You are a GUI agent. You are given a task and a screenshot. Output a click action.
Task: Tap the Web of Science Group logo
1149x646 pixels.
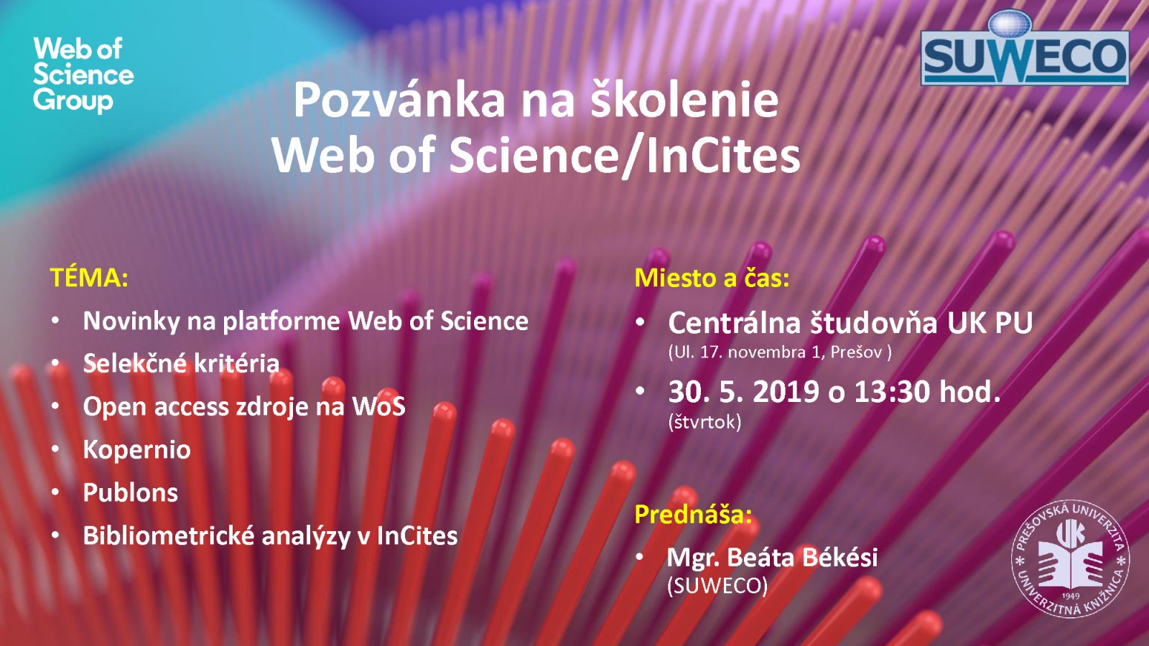pos(83,75)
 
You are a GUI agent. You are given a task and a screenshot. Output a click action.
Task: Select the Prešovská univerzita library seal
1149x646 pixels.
pos(1071,558)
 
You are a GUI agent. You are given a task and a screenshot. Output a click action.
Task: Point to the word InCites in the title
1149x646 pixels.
pos(723,155)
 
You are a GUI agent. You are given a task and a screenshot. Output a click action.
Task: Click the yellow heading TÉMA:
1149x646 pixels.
pos(89,277)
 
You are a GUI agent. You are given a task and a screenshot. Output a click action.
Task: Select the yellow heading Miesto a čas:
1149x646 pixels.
pos(712,277)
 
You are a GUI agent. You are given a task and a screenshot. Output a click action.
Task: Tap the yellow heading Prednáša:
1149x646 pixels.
pos(694,514)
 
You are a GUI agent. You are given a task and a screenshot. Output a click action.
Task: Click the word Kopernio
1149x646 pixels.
pos(137,450)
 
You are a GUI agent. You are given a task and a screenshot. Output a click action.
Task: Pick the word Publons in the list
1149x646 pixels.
pos(131,492)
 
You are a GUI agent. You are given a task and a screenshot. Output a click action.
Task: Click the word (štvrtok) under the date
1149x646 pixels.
pos(704,421)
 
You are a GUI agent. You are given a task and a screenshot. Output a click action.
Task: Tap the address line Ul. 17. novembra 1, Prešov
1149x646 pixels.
pos(780,352)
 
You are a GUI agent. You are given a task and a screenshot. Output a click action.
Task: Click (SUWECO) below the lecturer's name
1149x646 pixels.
pos(717,586)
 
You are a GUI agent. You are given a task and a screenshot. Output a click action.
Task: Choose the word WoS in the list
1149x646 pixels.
pos(378,406)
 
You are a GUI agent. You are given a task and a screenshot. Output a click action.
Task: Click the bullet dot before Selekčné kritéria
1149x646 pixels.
pos(55,363)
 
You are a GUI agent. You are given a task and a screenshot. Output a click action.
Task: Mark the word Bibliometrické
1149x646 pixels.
pos(169,535)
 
